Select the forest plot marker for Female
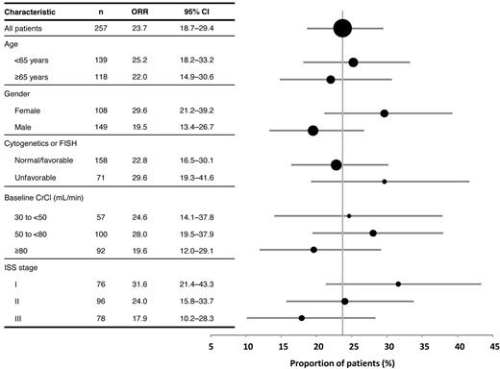(385, 113)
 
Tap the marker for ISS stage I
(398, 283)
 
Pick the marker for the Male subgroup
(312, 130)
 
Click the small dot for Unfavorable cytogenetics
(385, 181)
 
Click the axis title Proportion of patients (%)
(352, 362)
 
